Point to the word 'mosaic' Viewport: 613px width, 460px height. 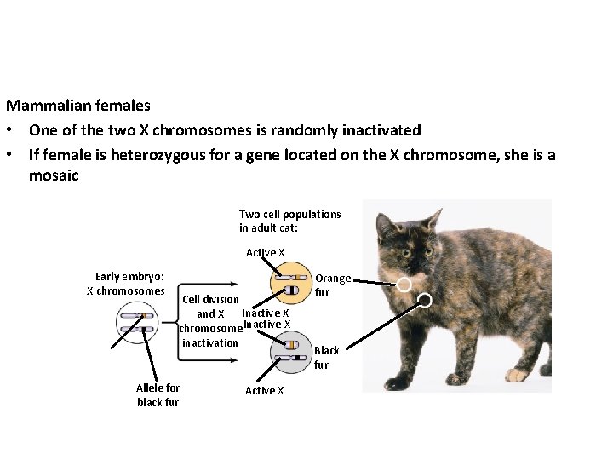click(53, 175)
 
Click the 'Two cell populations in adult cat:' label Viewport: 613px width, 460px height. click(289, 221)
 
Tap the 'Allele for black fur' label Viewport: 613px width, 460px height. click(158, 394)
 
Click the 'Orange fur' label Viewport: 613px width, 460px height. click(333, 285)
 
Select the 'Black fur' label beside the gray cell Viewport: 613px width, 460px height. click(327, 357)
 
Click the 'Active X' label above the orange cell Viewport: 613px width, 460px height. click(265, 252)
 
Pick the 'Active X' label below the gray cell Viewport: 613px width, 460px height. click(264, 390)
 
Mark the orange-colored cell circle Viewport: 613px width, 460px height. click(291, 284)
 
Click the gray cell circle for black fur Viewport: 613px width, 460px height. click(290, 353)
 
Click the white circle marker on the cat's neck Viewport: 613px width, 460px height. click(405, 284)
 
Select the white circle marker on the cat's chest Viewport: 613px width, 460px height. click(424, 300)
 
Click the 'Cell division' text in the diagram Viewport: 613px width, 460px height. click(210, 300)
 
